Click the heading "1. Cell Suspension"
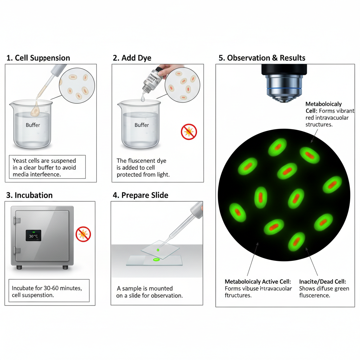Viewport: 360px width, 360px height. coord(38,58)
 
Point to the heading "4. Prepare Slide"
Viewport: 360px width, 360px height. coord(140,195)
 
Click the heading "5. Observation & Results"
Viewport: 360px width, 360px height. coord(262,58)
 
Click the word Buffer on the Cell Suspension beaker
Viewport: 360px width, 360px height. coord(33,125)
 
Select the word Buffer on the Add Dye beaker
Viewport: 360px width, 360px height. coord(142,125)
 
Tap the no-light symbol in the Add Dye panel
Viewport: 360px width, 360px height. coord(189,132)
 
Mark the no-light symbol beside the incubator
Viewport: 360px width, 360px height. coord(83,234)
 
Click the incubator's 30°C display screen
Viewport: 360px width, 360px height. coord(33,236)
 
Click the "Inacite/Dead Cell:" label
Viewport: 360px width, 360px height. coord(322,282)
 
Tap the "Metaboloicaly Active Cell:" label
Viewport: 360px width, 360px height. coord(258,282)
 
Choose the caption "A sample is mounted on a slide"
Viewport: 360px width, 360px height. coord(149,292)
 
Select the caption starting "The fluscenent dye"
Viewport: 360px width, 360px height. coord(143,167)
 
